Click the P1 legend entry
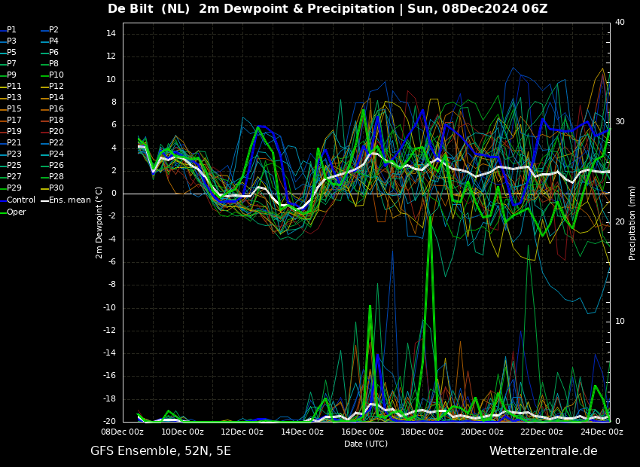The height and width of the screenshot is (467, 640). click(x=8, y=30)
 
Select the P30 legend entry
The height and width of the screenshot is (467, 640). click(x=50, y=188)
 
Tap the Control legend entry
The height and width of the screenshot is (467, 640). click(x=18, y=200)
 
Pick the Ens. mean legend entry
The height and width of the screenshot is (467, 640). click(x=66, y=200)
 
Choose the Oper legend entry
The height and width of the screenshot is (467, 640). click(x=13, y=212)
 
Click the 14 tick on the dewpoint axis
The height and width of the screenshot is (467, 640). click(x=111, y=33)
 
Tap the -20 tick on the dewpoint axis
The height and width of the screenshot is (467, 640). click(x=109, y=421)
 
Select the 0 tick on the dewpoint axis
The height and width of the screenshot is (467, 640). click(x=114, y=194)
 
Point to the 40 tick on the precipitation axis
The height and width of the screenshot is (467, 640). click(x=620, y=22)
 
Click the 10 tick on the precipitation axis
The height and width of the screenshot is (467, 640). click(x=620, y=321)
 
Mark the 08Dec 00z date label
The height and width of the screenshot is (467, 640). click(x=123, y=432)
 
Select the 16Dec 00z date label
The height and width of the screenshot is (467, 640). click(x=362, y=432)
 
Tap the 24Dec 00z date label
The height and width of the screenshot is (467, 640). click(x=602, y=432)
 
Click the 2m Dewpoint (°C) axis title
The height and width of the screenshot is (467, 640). click(x=99, y=223)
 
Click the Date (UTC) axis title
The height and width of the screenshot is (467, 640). click(x=366, y=444)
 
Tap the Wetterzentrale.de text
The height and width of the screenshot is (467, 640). click(x=544, y=451)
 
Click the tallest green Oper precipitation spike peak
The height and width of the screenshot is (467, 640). click(x=430, y=216)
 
